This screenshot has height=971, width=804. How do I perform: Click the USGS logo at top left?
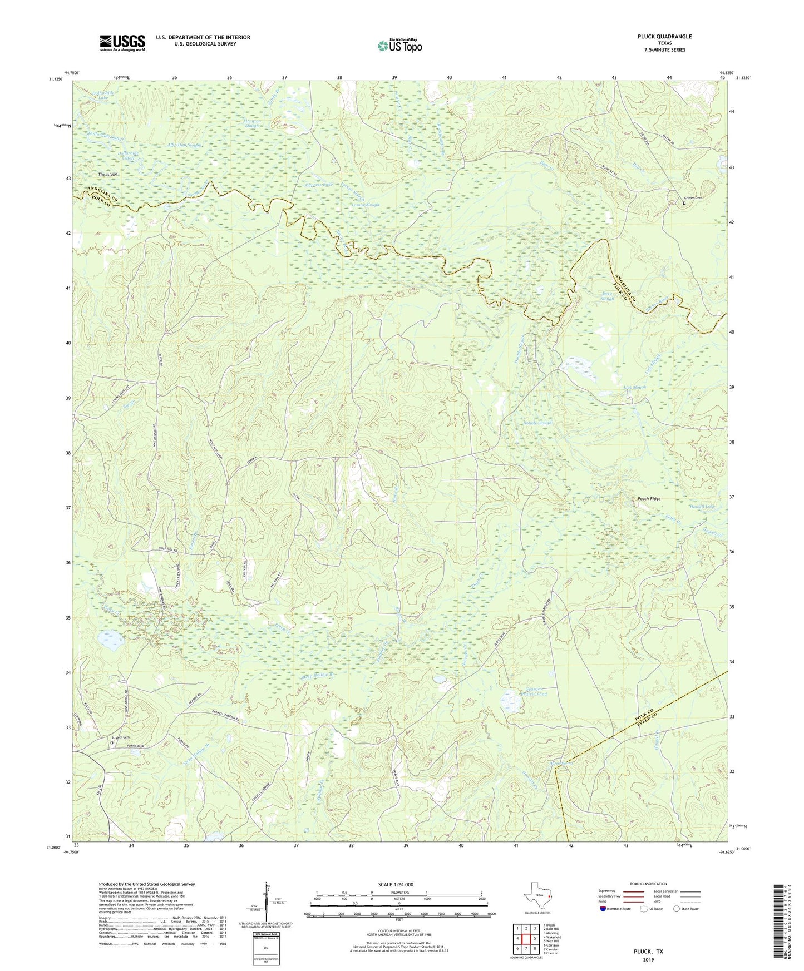click(x=122, y=43)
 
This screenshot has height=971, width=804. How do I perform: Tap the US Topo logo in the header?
click(x=399, y=46)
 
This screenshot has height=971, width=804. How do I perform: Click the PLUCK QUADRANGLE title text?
click(x=664, y=37)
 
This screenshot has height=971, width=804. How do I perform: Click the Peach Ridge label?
click(x=649, y=499)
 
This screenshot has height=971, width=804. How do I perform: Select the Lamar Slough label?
click(x=366, y=205)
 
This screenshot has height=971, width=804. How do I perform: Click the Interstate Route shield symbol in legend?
click(x=604, y=909)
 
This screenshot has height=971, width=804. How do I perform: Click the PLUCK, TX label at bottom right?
click(x=648, y=952)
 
